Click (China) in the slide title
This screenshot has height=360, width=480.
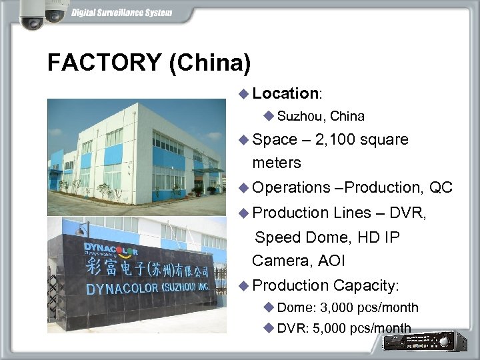210,63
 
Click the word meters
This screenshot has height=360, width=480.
277,163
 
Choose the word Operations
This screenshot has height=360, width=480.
291,189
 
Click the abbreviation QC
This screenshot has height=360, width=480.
441,189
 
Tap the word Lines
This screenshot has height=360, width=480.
352,213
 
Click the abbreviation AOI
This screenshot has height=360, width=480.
331,261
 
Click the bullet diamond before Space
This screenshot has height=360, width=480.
244,139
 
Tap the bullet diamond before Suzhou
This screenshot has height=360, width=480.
269,116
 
